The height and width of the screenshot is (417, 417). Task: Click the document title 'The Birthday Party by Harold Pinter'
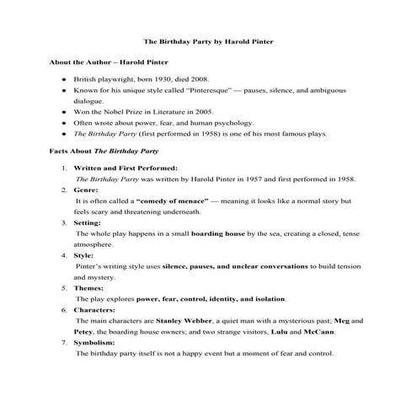pyautogui.click(x=208, y=40)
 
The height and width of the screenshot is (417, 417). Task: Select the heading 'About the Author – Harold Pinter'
pyautogui.click(x=110, y=62)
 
